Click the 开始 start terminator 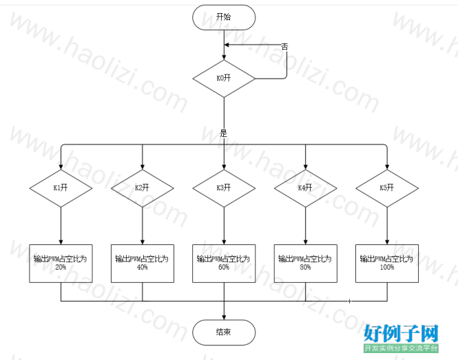point(224,17)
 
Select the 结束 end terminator point(224,332)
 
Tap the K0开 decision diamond point(224,78)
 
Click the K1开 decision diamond point(61,189)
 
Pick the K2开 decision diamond point(143,189)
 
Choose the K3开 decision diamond point(224,189)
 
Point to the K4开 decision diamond point(306,189)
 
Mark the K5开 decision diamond point(387,189)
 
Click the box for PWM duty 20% point(61,264)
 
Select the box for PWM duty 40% point(143,264)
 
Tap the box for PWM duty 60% point(224,264)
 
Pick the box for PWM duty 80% point(306,264)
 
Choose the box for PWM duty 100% point(387,264)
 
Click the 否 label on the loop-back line point(284,47)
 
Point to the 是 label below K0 point(223,134)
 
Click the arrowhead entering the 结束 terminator point(224,317)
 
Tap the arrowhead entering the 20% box point(61,242)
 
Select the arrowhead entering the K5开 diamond point(387,167)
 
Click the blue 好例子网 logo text point(401,333)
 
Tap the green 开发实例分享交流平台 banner point(401,348)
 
